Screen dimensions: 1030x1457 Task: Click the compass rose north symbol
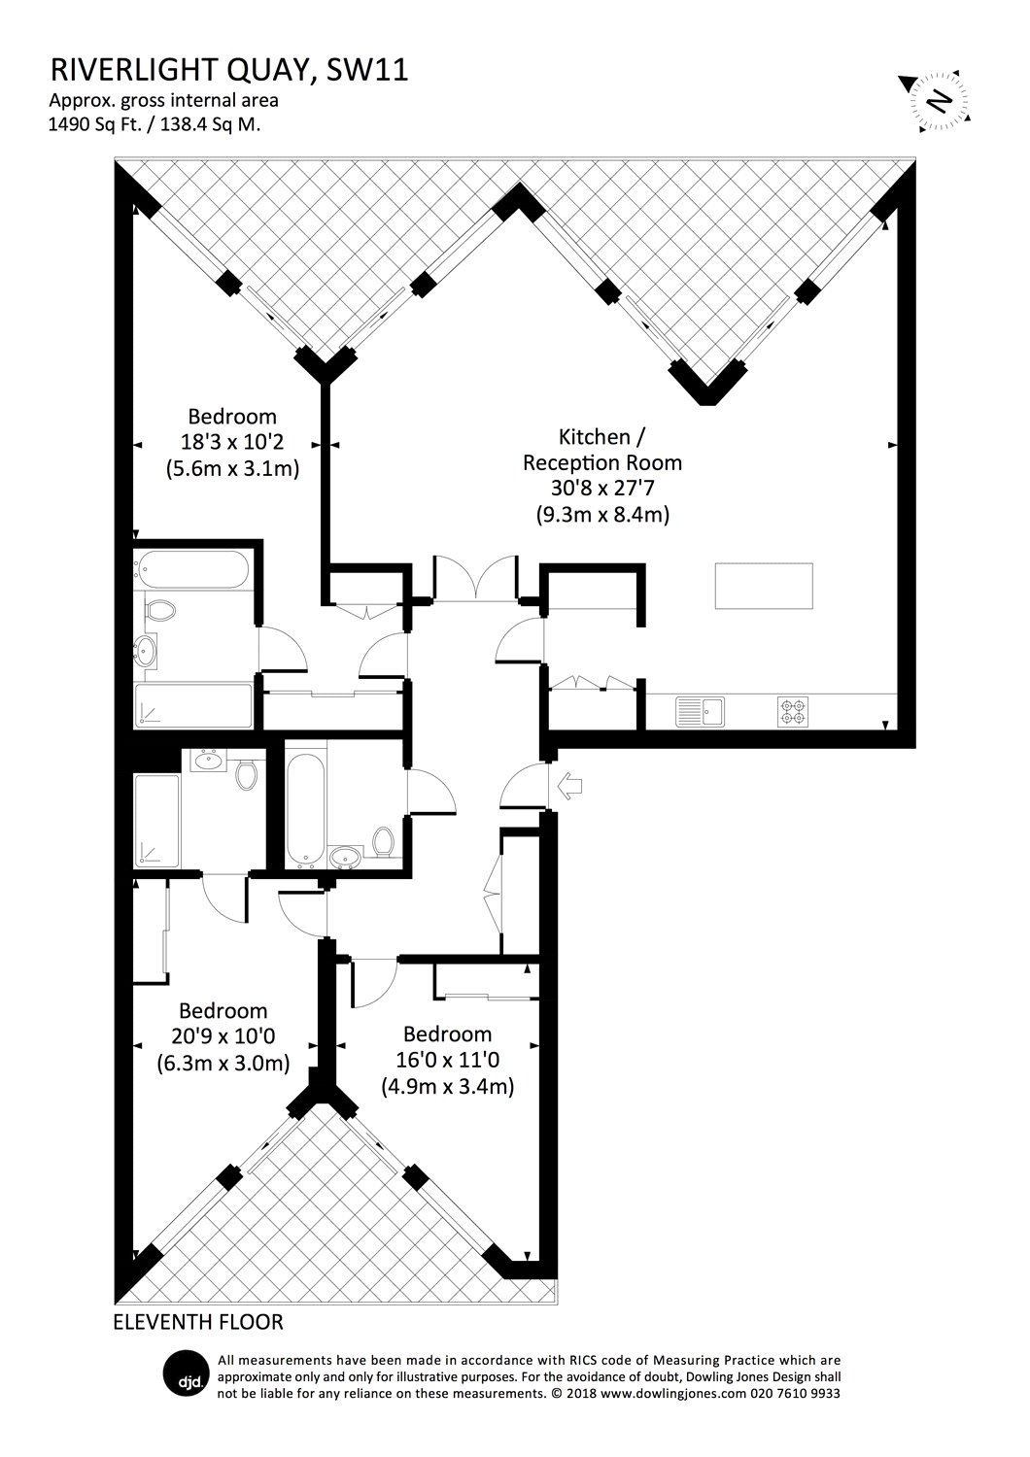tap(938, 101)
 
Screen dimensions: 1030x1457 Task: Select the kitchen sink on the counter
tap(700, 712)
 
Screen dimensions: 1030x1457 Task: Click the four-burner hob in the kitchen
tap(793, 712)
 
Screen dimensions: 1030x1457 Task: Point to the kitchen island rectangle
tap(764, 586)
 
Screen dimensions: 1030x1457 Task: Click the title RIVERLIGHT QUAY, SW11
tap(229, 70)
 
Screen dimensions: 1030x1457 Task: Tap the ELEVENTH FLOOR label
tap(198, 1322)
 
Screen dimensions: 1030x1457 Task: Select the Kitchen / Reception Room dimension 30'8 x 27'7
tap(602, 489)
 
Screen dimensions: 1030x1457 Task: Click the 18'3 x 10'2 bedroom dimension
tap(232, 442)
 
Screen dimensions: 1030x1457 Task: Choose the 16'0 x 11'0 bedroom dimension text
tap(448, 1061)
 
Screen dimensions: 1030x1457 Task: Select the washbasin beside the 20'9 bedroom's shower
tap(208, 760)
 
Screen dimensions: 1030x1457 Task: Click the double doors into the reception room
tap(477, 578)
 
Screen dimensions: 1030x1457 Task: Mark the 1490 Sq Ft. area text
tap(95, 124)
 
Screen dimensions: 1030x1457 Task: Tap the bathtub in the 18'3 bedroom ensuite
tap(191, 570)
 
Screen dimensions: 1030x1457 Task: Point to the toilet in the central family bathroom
tap(383, 841)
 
